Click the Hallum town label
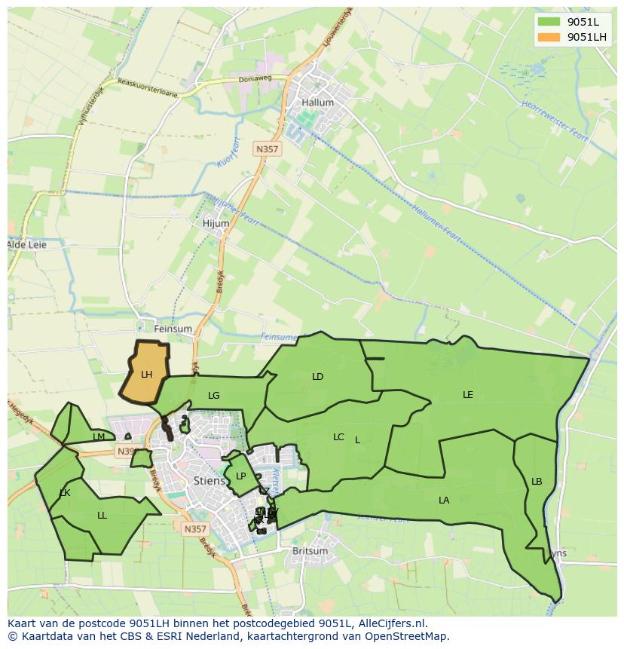(x=317, y=103)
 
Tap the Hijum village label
(x=216, y=224)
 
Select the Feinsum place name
(x=173, y=329)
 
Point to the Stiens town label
(x=209, y=480)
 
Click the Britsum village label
(x=310, y=551)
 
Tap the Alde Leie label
(x=28, y=245)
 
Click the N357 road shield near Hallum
(x=267, y=149)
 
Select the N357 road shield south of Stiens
(x=194, y=529)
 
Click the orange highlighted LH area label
(x=146, y=374)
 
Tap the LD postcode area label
(x=317, y=376)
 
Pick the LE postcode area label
(x=468, y=394)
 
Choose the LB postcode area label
(x=537, y=482)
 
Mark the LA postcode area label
(x=444, y=500)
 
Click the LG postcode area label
(x=214, y=395)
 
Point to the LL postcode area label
(x=102, y=516)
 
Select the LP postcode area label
(x=240, y=476)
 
